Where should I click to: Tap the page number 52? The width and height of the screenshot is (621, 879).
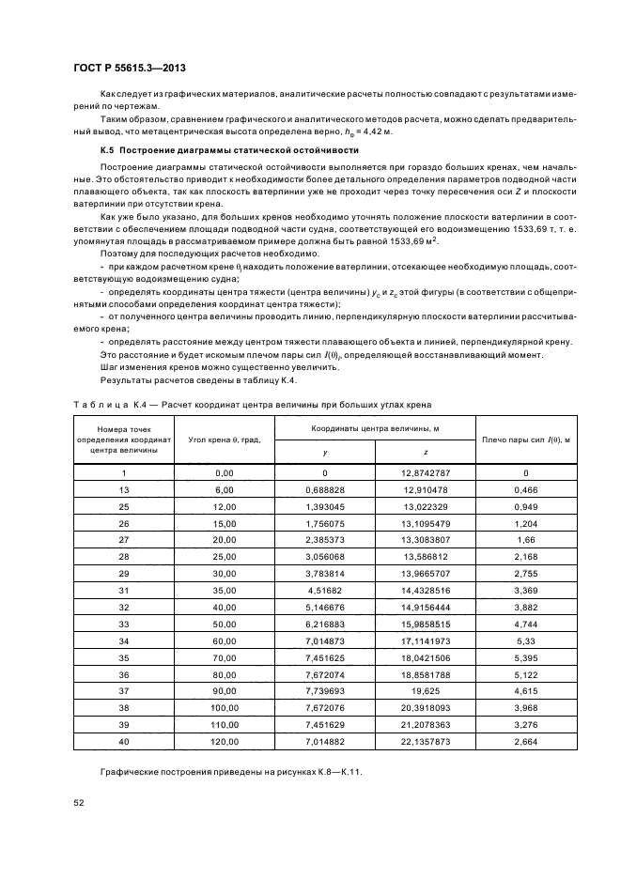tap(79, 802)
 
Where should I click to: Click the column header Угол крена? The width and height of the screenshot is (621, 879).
tap(224, 439)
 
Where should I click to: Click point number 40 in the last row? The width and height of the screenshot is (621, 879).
tap(124, 742)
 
